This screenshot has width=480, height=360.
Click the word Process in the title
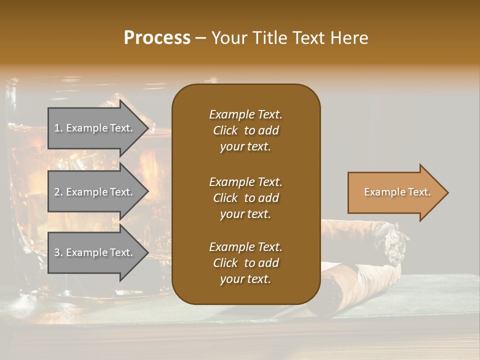coord(157,38)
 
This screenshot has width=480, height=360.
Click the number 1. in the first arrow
coord(58,128)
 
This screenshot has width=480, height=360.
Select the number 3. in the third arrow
coord(58,253)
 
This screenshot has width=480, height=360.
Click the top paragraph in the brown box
coord(245,130)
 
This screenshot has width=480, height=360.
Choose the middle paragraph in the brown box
coord(245,198)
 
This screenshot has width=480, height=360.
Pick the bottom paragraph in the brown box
coord(245,263)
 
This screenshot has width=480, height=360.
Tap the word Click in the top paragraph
coord(225,131)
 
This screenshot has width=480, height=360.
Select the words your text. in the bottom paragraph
coord(245,279)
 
